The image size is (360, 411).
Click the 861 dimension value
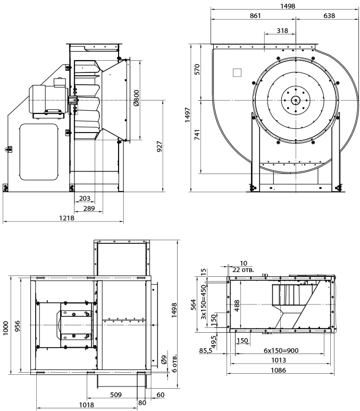tap(255, 17)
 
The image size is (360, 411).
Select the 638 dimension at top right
tap(329, 17)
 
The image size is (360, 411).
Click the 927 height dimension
tap(160, 147)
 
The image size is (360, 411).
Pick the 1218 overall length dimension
tap(66, 218)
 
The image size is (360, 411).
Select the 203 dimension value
tap(84, 198)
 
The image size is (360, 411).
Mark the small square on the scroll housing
tap(237, 73)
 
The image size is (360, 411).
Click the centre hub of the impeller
tap(296, 100)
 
